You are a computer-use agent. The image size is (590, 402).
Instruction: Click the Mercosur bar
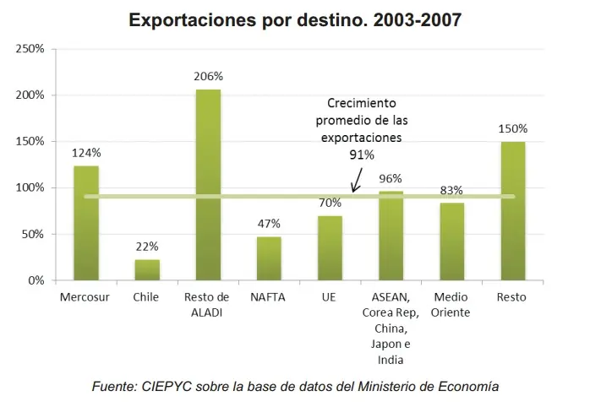(86, 223)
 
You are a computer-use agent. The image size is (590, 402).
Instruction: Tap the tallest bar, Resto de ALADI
(208, 185)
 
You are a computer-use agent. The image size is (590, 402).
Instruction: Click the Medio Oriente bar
(452, 242)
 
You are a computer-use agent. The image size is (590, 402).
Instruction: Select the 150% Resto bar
(513, 211)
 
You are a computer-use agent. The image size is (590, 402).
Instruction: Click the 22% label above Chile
(147, 247)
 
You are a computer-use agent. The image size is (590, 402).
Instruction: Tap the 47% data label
(269, 224)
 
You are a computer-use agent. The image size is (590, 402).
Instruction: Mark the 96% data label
(391, 178)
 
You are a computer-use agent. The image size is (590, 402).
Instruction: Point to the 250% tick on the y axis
(31, 49)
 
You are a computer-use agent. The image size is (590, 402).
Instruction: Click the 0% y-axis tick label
(36, 280)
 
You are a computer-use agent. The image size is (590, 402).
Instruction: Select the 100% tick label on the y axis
(31, 187)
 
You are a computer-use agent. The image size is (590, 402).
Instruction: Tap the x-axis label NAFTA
(269, 297)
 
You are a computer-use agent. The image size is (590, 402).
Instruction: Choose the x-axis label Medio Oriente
(452, 305)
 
